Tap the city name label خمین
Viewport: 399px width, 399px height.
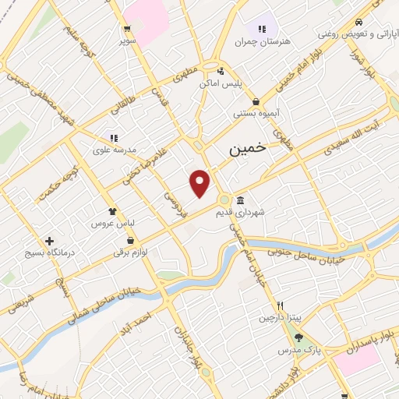(247, 148)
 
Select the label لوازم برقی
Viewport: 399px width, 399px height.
(131, 252)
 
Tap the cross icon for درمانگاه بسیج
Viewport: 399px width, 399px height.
(51, 242)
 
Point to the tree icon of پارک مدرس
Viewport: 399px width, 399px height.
(298, 337)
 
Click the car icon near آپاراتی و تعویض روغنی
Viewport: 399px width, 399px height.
(358, 23)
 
